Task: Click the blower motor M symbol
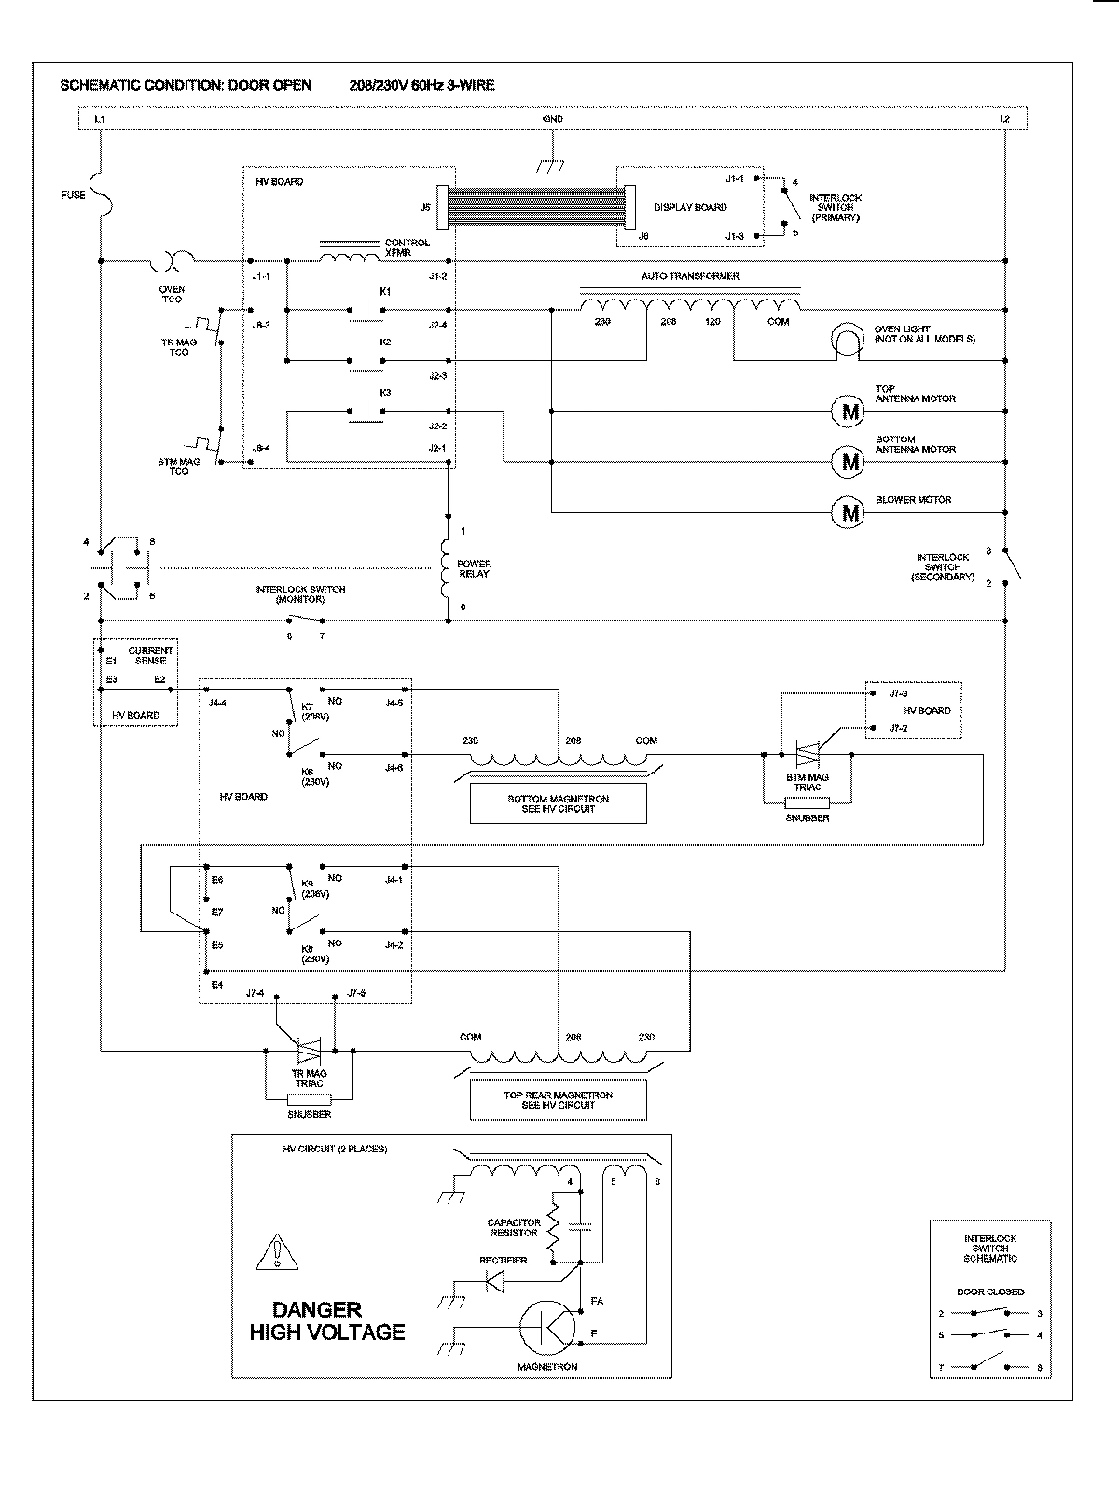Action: [x=850, y=512]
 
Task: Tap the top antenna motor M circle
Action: [x=850, y=411]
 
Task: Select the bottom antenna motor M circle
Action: [x=850, y=461]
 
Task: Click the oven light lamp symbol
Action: [x=848, y=342]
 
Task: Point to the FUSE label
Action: [x=73, y=195]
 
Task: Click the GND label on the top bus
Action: [x=553, y=119]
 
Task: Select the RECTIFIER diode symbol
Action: [x=494, y=1284]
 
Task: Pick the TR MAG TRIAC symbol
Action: [x=309, y=1052]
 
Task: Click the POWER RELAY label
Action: [x=474, y=569]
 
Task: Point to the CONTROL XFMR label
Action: [x=408, y=247]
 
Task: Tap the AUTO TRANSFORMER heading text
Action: [x=690, y=277]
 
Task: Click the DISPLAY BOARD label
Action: [x=690, y=207]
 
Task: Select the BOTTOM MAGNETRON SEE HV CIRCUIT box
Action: [x=559, y=803]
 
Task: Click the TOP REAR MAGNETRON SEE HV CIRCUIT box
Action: [x=559, y=1100]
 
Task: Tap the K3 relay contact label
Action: [x=385, y=393]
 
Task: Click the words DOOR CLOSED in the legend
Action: [x=990, y=1291]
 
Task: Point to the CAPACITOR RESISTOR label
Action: [x=513, y=1228]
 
